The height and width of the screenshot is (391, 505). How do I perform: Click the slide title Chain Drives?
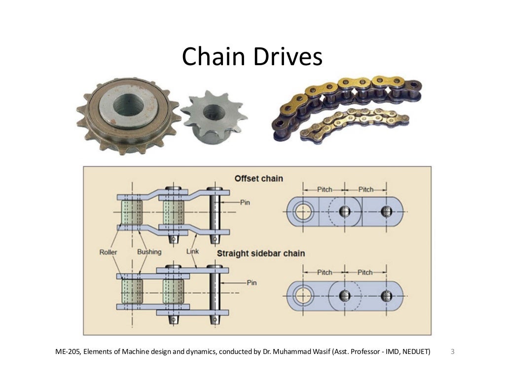coord(252,57)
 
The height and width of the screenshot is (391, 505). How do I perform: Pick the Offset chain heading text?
coord(258,178)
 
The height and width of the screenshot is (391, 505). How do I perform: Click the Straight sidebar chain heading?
coord(261,253)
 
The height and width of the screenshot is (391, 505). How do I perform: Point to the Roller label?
coord(108,252)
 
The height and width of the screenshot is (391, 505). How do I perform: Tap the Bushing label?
coord(149,252)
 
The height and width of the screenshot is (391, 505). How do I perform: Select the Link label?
coord(192,252)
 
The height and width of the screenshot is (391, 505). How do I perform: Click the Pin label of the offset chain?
coord(246,202)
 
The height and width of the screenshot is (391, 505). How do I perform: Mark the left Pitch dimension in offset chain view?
coord(324,190)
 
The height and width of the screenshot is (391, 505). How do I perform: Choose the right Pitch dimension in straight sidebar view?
coord(365,273)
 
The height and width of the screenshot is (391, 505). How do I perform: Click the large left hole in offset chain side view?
coord(303,212)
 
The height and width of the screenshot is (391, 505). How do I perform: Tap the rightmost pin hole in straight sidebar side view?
coord(387,295)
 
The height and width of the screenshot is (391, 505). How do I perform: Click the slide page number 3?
coord(453,352)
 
